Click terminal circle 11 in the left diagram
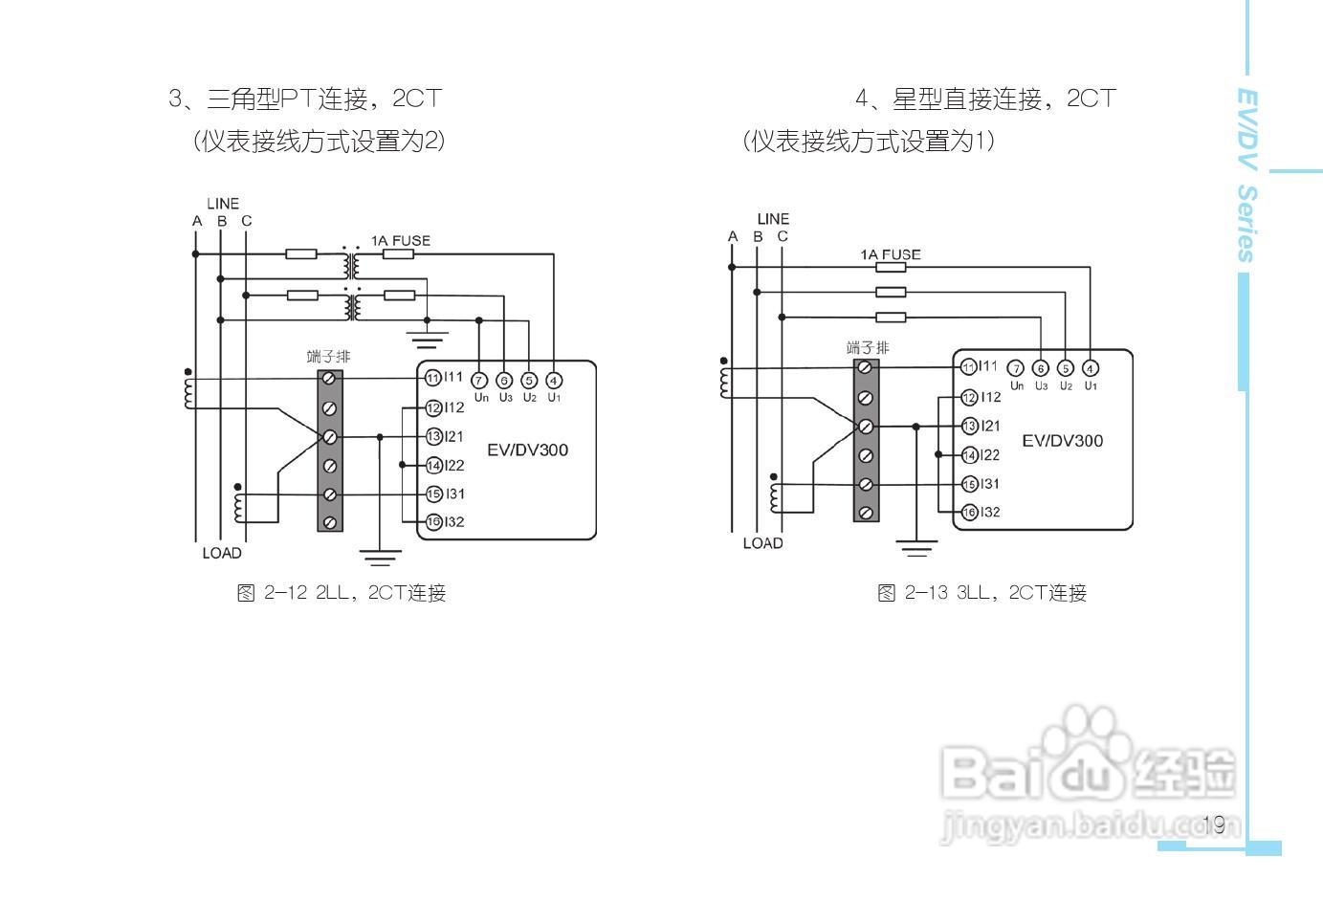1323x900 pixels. pyautogui.click(x=432, y=378)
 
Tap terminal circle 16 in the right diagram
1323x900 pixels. pyautogui.click(x=969, y=513)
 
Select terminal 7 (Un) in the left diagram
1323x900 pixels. pyautogui.click(x=480, y=381)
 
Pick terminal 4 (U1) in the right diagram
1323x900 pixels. pyautogui.click(x=1091, y=368)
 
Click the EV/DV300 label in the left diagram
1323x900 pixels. pyautogui.click(x=527, y=450)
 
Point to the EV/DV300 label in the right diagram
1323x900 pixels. pyautogui.click(x=1062, y=441)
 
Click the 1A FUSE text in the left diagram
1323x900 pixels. pyautogui.click(x=401, y=241)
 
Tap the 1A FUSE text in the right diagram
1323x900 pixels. pyautogui.click(x=890, y=254)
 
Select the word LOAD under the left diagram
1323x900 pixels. pyautogui.click(x=222, y=553)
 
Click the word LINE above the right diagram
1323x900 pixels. pyautogui.click(x=773, y=219)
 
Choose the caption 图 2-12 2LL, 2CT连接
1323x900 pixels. pyautogui.click(x=342, y=593)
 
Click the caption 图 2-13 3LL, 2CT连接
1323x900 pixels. pyautogui.click(x=981, y=593)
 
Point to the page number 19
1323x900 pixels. pyautogui.click(x=1215, y=824)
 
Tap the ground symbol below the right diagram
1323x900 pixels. pyautogui.click(x=916, y=548)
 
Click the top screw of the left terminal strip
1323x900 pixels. pyautogui.click(x=330, y=379)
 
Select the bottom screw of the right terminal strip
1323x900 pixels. pyautogui.click(x=866, y=513)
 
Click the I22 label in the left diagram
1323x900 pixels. pyautogui.click(x=453, y=466)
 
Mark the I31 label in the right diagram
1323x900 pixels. pyautogui.click(x=989, y=484)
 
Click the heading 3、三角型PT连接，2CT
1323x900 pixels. pyautogui.click(x=305, y=99)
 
